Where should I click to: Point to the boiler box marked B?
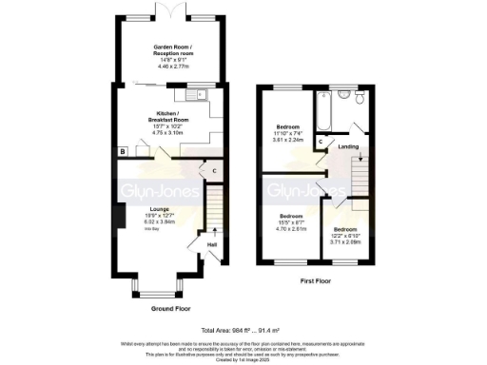(122, 151)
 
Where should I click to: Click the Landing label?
(349, 145)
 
